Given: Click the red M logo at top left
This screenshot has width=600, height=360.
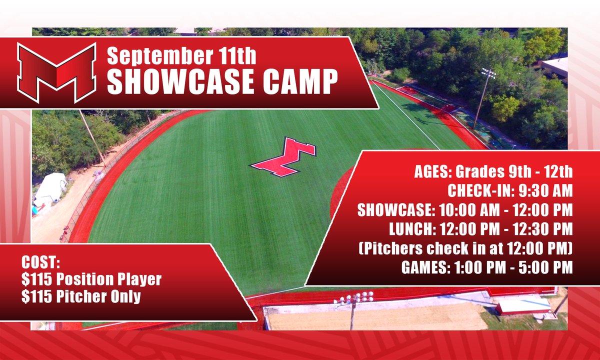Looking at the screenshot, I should click(56, 72).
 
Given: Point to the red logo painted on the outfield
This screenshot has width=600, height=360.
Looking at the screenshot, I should click(283, 157).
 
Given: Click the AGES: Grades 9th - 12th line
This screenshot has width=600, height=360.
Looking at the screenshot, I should click(493, 173).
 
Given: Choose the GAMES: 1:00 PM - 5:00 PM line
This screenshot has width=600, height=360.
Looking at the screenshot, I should click(486, 267).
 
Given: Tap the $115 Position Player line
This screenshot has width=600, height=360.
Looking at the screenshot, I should click(91, 279).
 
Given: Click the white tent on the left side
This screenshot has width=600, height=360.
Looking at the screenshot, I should click(50, 187).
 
